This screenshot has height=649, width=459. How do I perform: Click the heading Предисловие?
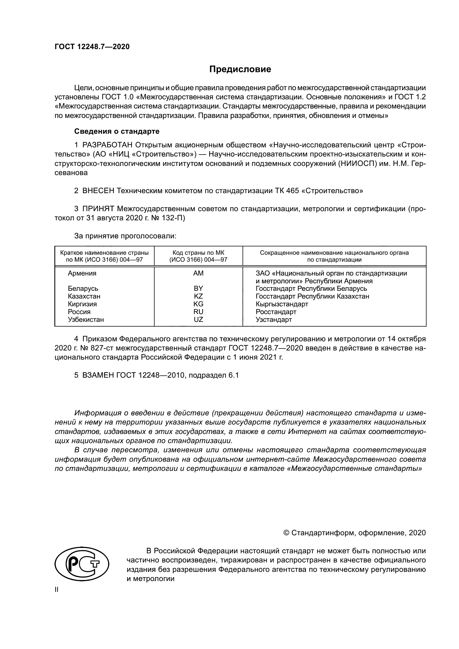pos(240,69)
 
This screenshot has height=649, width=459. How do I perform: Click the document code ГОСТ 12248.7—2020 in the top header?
pos(92,47)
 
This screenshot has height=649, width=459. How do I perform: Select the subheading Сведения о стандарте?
pos(117,132)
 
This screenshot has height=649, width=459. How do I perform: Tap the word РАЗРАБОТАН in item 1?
pos(107,145)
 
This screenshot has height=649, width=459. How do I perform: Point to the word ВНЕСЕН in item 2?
pos(98,191)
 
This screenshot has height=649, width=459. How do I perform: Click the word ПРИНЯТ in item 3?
pos(98,209)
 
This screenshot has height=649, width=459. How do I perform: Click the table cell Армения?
pos(82,273)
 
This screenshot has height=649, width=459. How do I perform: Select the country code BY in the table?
pos(198,289)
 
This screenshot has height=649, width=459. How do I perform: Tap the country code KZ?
pos(198,296)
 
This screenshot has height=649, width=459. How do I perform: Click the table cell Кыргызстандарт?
pos(282,304)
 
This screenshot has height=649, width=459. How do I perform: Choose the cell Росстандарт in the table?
pos(276,312)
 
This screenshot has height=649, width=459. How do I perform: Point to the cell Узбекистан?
pos(86,320)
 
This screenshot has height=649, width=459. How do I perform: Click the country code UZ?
pos(198,320)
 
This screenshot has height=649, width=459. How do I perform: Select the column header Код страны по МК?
pos(198,253)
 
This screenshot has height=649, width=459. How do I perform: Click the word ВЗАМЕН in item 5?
pos(98,375)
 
